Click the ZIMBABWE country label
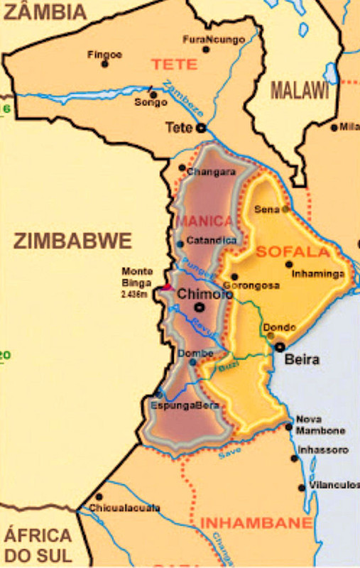[x=72, y=241]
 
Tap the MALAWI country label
[x=300, y=90]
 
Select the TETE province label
[x=174, y=64]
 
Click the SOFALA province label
[x=293, y=251]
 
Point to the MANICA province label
[x=204, y=221]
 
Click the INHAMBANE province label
[x=256, y=523]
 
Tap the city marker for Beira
[x=280, y=347]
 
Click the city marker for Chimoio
[x=199, y=307]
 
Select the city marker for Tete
[x=201, y=129]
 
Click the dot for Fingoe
[x=104, y=64]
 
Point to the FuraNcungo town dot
[x=206, y=49]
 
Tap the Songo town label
[x=151, y=103]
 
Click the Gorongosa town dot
[x=234, y=277]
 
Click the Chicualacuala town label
[x=124, y=508]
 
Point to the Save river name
[x=225, y=451]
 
